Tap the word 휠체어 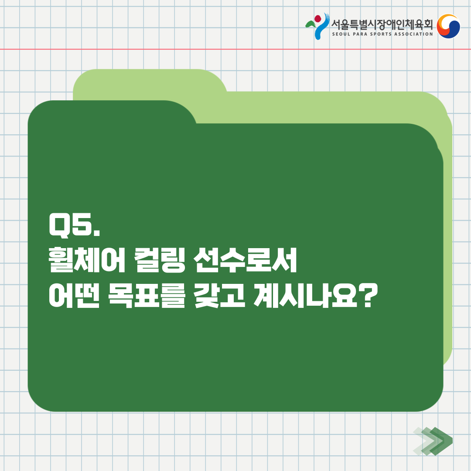(x=86, y=260)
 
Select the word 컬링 (x=159, y=260)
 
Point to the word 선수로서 (x=245, y=260)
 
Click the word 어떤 (x=74, y=295)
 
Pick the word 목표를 (x=147, y=295)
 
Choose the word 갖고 (x=219, y=295)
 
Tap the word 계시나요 (x=305, y=295)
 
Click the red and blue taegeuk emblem (x=448, y=26)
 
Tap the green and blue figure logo (x=317, y=26)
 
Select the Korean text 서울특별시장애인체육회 (x=382, y=24)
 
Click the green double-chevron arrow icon (x=433, y=440)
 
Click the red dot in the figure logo (x=318, y=19)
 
